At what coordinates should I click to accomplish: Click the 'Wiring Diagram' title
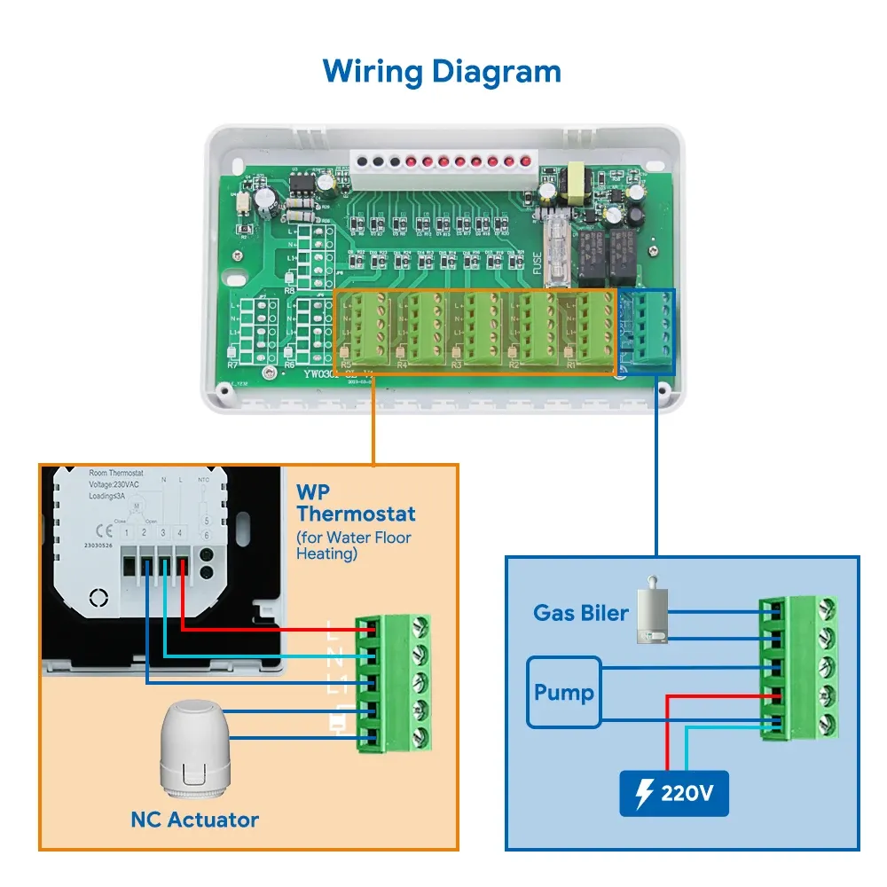tap(442, 70)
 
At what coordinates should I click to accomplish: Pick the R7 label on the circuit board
tap(232, 365)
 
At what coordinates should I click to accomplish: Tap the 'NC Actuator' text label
tap(194, 820)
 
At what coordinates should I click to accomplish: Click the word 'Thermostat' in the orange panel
tap(356, 514)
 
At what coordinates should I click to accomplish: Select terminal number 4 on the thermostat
tap(181, 533)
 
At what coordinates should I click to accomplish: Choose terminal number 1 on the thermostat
tap(128, 533)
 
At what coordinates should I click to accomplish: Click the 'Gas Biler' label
tap(580, 612)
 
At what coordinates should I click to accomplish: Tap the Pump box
tap(564, 692)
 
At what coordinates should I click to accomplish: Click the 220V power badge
tap(674, 793)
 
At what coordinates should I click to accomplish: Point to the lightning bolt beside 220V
tap(646, 793)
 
